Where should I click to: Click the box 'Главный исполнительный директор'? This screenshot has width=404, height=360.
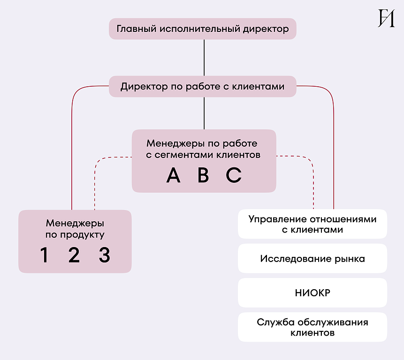(203, 29)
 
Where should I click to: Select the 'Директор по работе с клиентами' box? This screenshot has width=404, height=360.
(203, 87)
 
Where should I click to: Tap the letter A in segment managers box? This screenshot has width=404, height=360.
(173, 175)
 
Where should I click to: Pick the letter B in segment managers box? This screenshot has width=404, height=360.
(203, 175)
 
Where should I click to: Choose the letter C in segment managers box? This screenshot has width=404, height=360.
(233, 175)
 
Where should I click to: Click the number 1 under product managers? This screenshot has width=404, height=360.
(44, 255)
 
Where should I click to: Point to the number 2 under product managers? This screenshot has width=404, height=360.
(74, 255)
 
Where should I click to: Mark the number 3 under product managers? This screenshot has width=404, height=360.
(104, 255)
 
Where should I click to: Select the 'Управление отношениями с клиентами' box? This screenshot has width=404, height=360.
(312, 224)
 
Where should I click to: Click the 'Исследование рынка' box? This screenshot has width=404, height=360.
(312, 259)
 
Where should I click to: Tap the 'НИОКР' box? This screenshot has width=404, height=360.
(312, 293)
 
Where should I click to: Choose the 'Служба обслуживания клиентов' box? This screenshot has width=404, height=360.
(312, 327)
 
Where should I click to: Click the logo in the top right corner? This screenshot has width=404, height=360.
(386, 18)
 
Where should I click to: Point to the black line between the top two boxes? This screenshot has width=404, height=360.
(204, 58)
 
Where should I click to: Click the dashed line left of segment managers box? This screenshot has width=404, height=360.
(95, 183)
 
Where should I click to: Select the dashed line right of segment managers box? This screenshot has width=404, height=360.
(313, 183)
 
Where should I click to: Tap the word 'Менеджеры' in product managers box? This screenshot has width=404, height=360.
(75, 224)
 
